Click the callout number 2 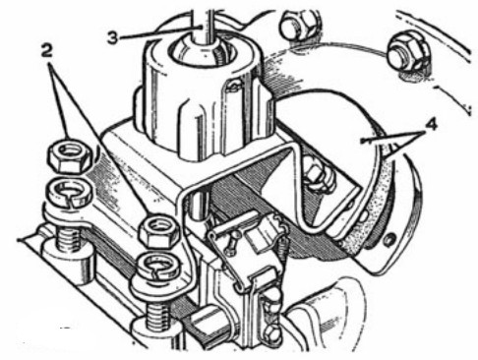(46, 51)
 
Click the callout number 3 (112, 37)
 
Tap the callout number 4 (431, 125)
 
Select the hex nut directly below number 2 (71, 158)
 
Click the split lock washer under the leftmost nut (70, 194)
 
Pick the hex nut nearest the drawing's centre (159, 231)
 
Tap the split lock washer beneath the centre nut (157, 266)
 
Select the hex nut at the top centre (299, 26)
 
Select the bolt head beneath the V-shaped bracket (318, 177)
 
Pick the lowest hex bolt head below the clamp (271, 333)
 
